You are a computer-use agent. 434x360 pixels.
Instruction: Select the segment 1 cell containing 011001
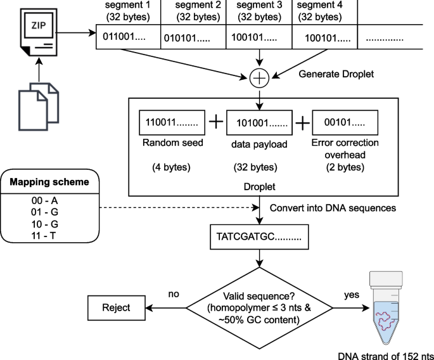pyautogui.click(x=129, y=36)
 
